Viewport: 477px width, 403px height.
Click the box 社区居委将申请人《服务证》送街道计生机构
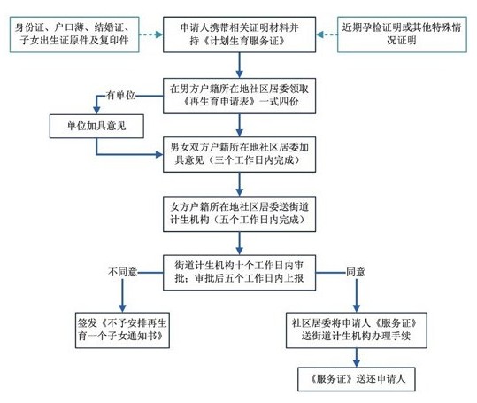[x=357, y=329]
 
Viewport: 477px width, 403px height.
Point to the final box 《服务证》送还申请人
[x=357, y=380]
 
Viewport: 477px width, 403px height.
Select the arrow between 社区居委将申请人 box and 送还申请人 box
[x=357, y=357]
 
